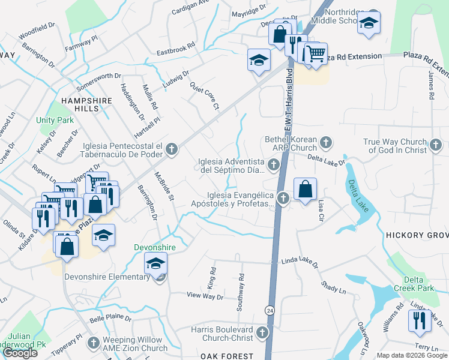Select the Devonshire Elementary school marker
tap(156, 263)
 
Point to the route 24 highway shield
tap(270, 310)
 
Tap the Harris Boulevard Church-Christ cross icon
tap(262, 332)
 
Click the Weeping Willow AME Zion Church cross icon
tap(93, 343)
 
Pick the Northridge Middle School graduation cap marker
tap(369, 23)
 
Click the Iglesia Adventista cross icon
tap(274, 164)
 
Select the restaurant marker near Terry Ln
tap(418, 320)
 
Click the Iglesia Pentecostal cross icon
tap(172, 149)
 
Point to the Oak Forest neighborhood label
tap(224, 356)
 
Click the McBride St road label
tap(163, 185)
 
